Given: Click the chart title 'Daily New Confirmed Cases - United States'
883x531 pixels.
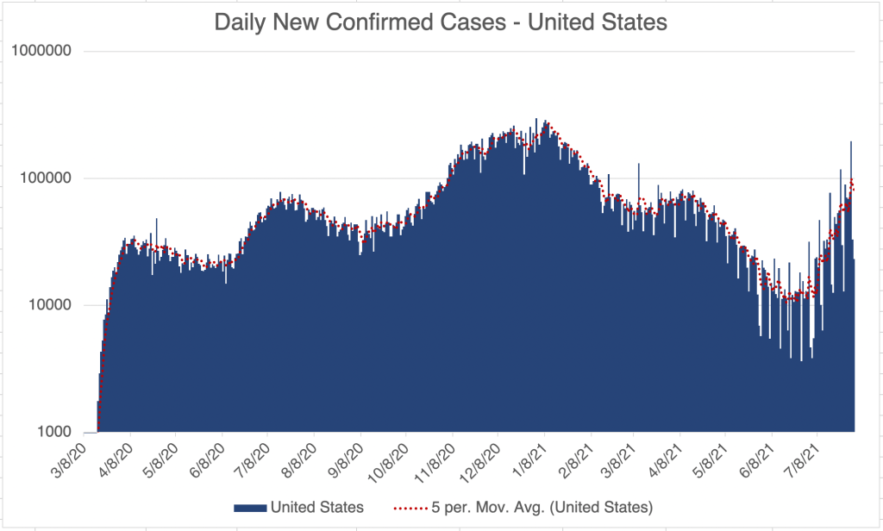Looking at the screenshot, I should [441, 23].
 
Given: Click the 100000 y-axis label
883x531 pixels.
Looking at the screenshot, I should [57, 178].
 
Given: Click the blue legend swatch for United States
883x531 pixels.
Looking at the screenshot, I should [249, 507].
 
